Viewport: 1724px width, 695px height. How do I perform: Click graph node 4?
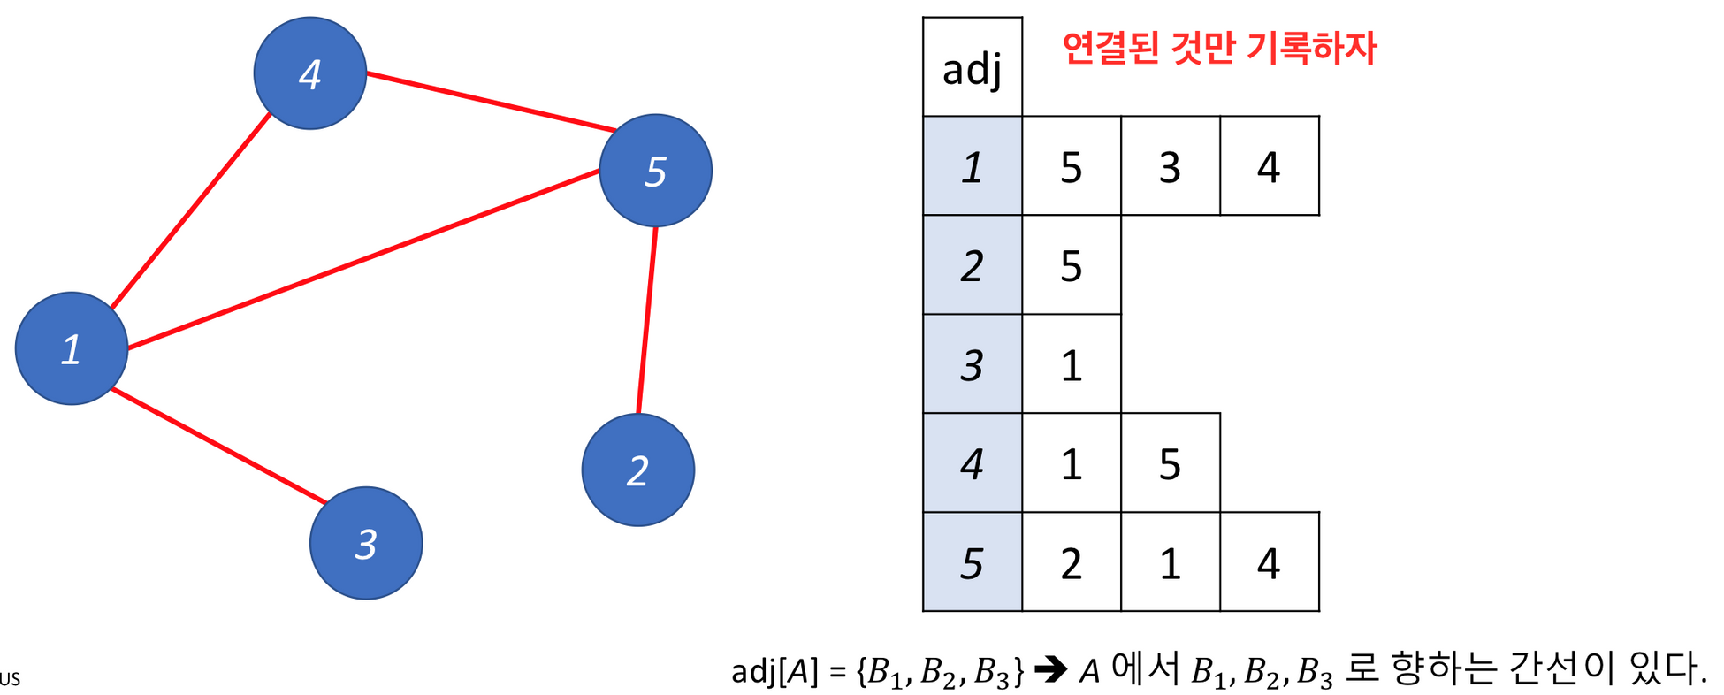pyautogui.click(x=309, y=73)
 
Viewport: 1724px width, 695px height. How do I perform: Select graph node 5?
pyautogui.click(x=655, y=171)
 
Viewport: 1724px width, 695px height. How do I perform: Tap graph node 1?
pyautogui.click(x=72, y=348)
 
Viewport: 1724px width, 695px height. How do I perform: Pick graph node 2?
pyautogui.click(x=637, y=470)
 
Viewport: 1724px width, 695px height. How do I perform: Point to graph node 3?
pyautogui.click(x=366, y=543)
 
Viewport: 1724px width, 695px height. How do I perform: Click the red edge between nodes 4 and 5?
pyautogui.click(x=491, y=102)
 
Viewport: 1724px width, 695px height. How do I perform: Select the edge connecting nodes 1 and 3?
pyautogui.click(x=218, y=446)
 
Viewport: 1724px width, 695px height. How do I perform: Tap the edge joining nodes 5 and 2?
pyautogui.click(x=647, y=320)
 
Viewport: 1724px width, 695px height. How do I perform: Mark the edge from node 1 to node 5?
pyautogui.click(x=362, y=259)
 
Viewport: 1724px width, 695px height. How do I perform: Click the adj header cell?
pyautogui.click(x=972, y=67)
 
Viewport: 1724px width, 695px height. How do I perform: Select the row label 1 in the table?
pyautogui.click(x=972, y=166)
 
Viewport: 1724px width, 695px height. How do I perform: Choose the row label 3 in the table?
pyautogui.click(x=972, y=364)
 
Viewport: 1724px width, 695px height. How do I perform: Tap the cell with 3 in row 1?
pyautogui.click(x=1170, y=166)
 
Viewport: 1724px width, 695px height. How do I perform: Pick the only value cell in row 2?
pyautogui.click(x=1071, y=265)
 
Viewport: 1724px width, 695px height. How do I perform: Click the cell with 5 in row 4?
pyautogui.click(x=1170, y=463)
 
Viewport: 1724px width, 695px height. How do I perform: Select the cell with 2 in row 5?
pyautogui.click(x=1071, y=562)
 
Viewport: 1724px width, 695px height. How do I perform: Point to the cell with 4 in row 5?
pyautogui.click(x=1269, y=562)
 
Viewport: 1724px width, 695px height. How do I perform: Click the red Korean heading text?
pyautogui.click(x=1218, y=48)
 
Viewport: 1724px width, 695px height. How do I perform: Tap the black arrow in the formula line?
pyautogui.click(x=1050, y=670)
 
